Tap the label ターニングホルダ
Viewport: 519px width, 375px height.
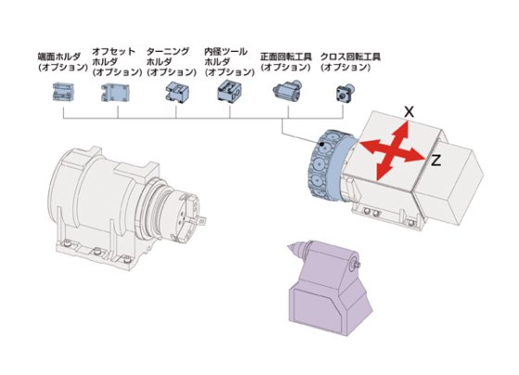[171, 62]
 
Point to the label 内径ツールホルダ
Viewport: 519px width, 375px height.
[228, 62]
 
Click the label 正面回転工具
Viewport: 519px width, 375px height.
[285, 61]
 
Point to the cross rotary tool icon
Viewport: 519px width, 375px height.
[345, 92]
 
